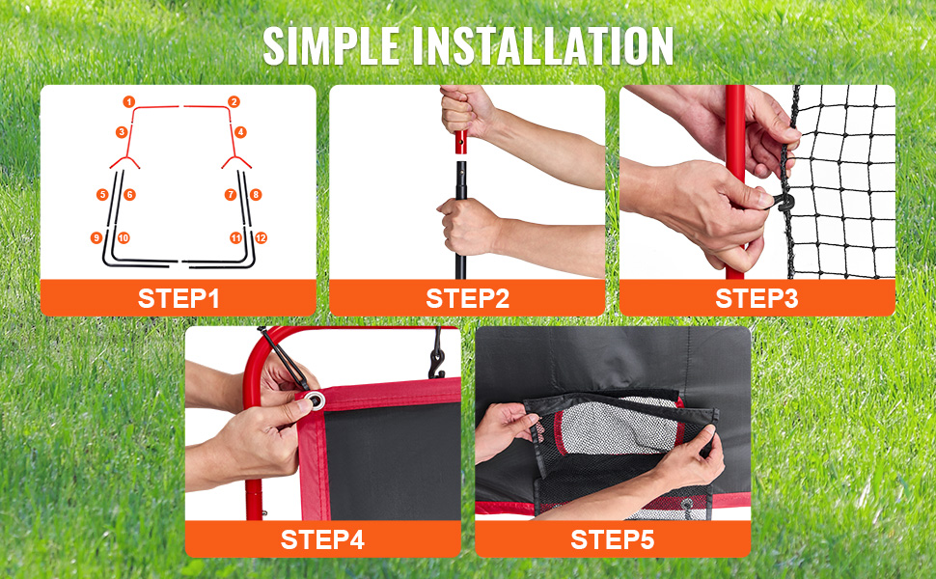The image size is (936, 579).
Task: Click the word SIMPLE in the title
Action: (331, 46)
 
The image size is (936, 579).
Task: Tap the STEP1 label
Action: (179, 298)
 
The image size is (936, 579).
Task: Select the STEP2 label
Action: (467, 298)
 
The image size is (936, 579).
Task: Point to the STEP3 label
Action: (757, 298)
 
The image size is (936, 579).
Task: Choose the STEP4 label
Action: (322, 539)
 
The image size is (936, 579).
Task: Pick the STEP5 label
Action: (613, 539)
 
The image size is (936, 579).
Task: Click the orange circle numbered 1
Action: (129, 102)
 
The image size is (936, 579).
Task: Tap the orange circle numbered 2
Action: (234, 102)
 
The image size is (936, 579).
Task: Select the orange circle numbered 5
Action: (102, 195)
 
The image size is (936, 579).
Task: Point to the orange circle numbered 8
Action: (256, 195)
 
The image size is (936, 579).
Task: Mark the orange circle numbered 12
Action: (261, 238)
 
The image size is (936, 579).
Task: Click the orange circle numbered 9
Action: (96, 238)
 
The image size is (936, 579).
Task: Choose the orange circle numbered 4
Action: (240, 132)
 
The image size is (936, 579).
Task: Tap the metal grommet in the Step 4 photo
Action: (316, 400)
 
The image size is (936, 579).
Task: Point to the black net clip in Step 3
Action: (784, 203)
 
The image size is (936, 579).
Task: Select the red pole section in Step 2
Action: (460, 141)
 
